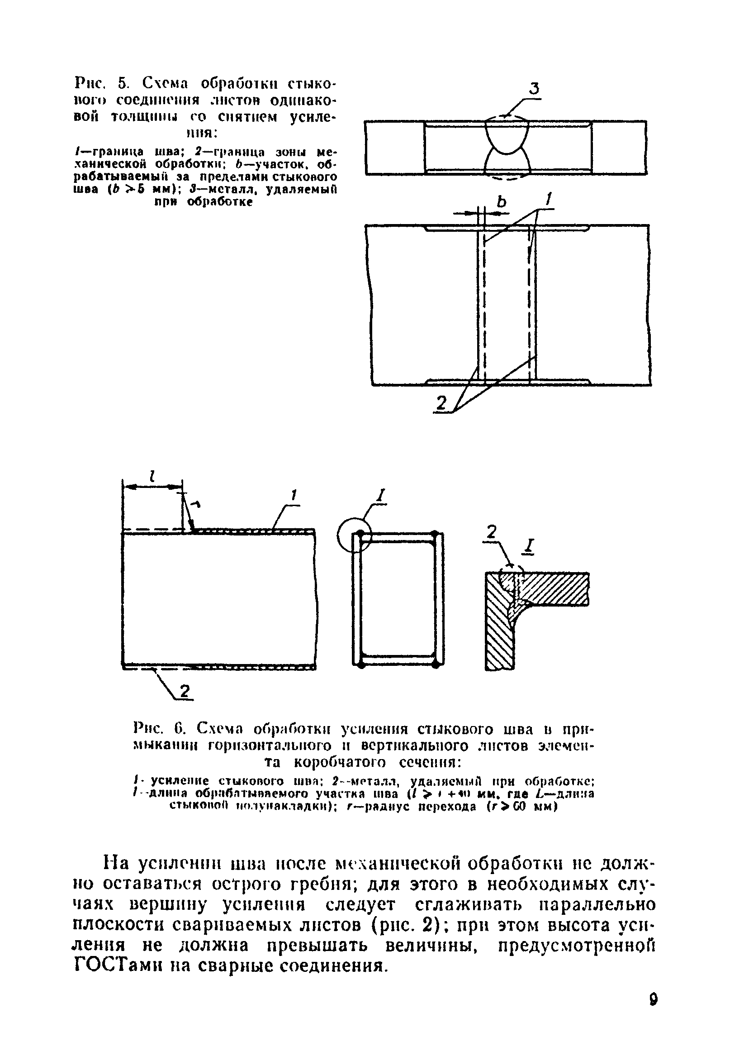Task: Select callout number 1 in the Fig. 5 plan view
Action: click(x=549, y=200)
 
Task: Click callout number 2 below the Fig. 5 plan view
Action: click(x=441, y=404)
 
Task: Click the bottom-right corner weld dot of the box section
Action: click(x=435, y=664)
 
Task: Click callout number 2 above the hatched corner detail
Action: click(x=491, y=533)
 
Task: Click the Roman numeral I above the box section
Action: click(x=381, y=495)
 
